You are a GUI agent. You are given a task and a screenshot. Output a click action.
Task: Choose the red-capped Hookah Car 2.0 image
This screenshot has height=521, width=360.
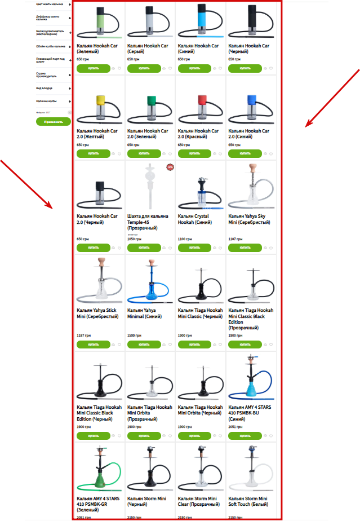(200, 109)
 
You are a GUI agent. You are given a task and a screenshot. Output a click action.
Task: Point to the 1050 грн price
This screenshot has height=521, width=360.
(133, 239)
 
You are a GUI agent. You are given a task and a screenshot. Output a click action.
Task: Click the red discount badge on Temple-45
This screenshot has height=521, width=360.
(170, 167)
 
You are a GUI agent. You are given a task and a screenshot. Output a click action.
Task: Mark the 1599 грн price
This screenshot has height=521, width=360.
(133, 335)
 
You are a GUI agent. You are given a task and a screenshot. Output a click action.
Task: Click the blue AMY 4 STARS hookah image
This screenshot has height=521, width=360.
(251, 377)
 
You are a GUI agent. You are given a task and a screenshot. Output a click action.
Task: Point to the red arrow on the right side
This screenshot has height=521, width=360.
(332, 93)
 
